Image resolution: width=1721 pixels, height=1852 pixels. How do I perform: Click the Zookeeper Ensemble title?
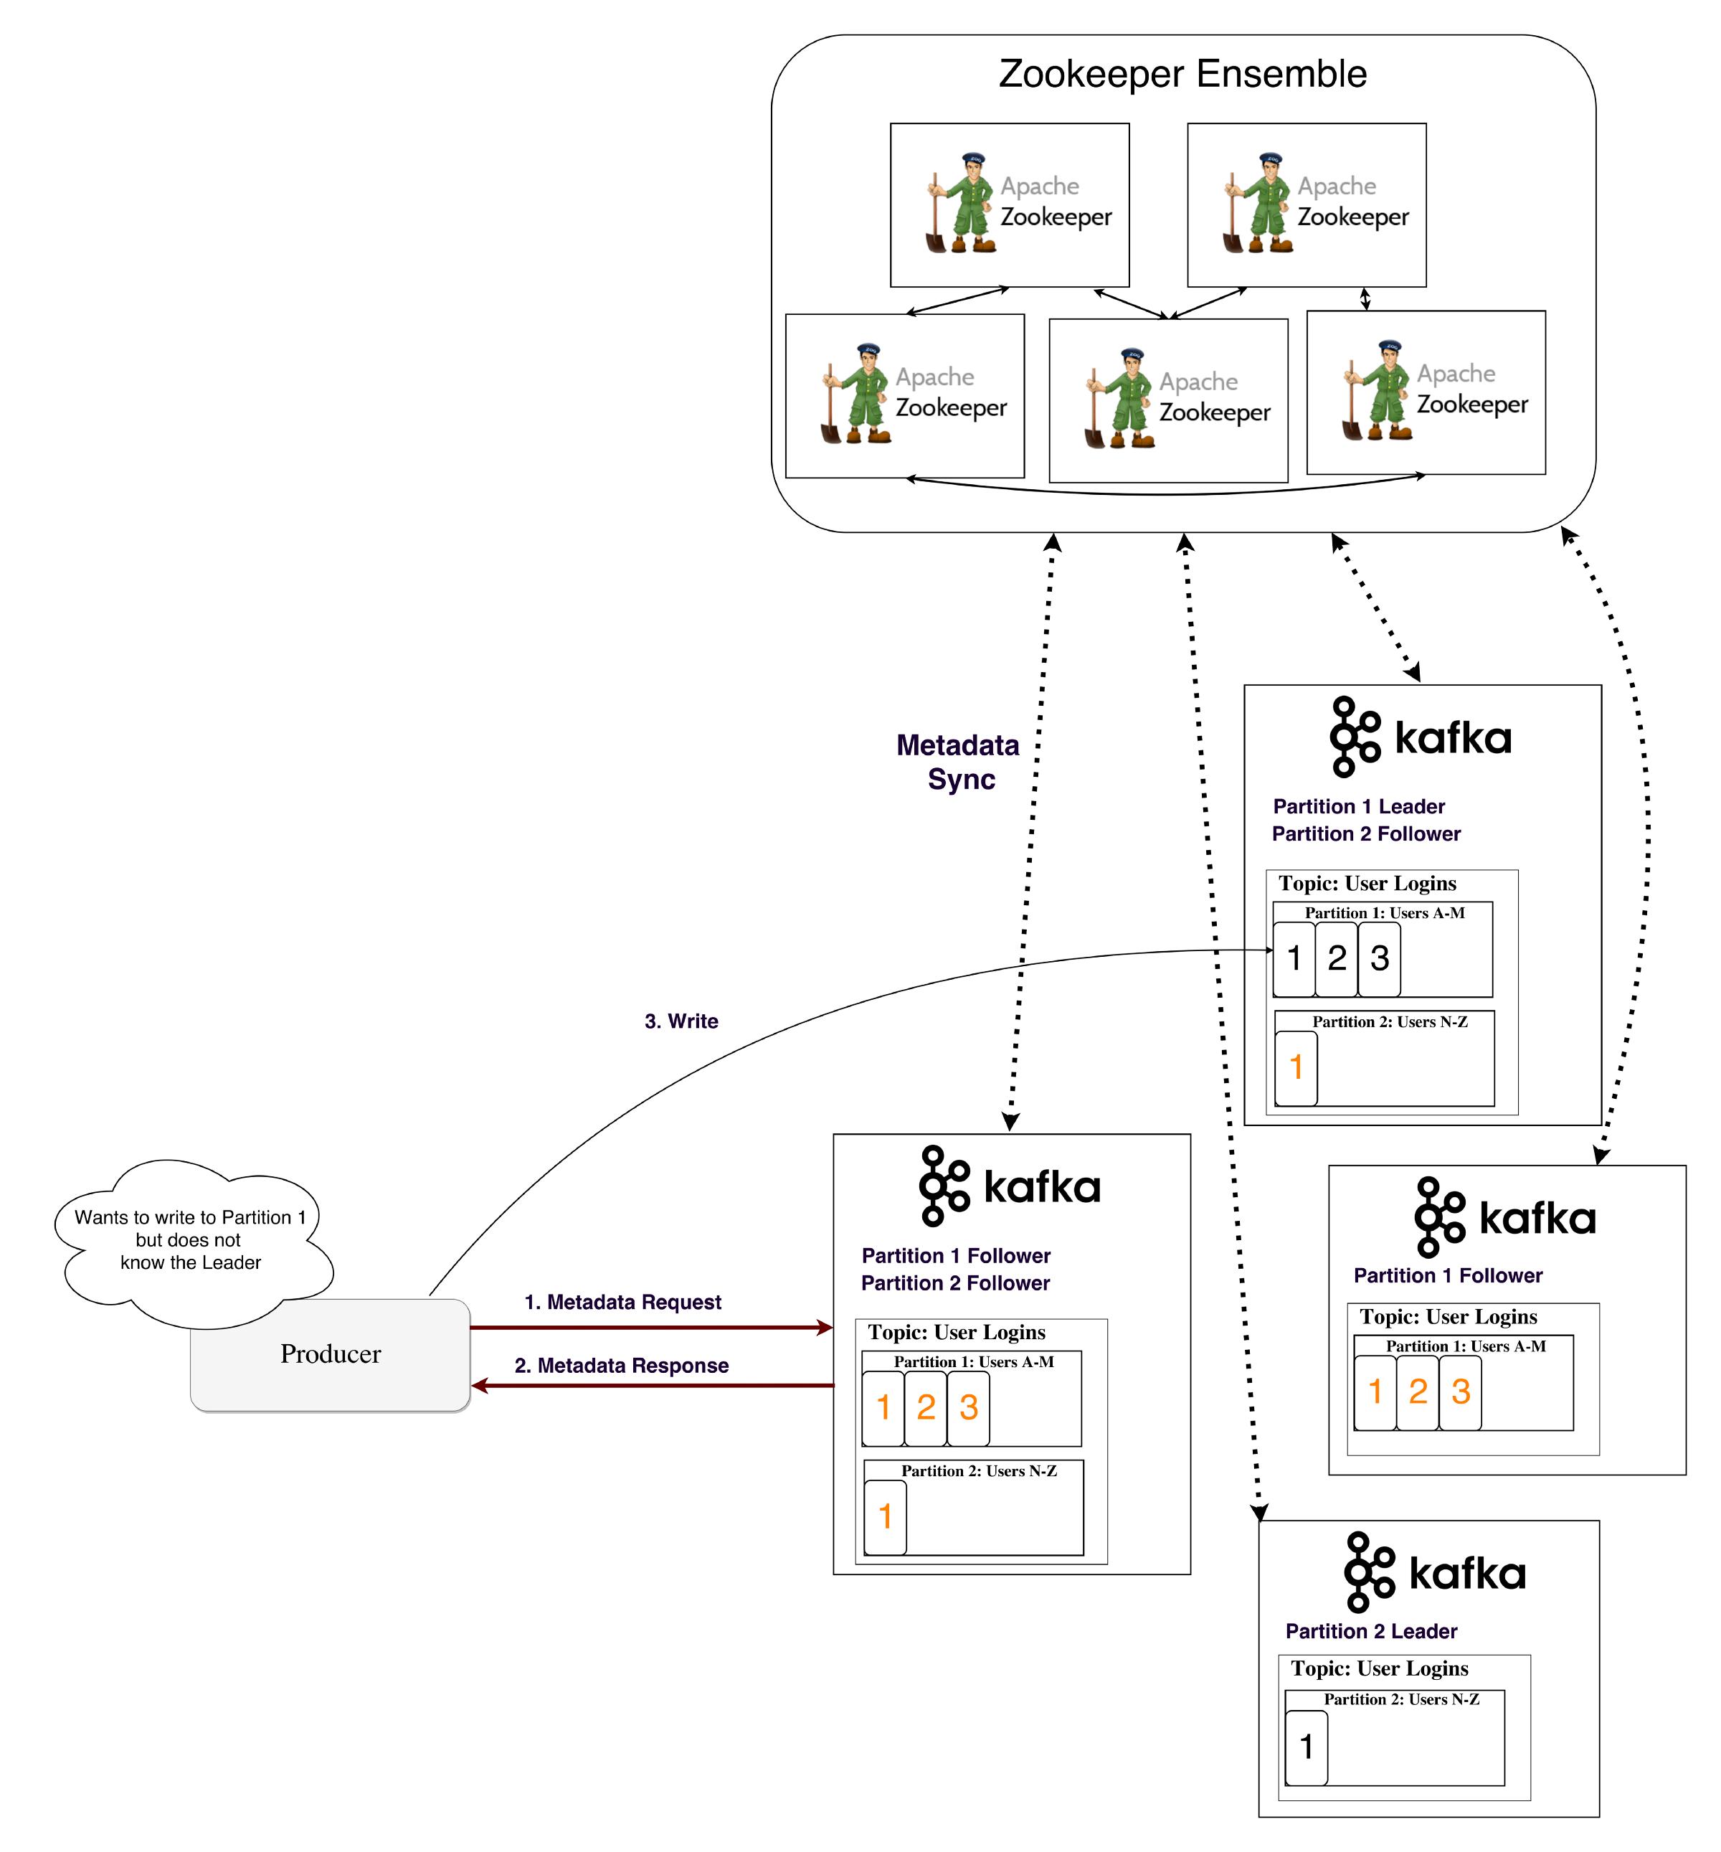pyautogui.click(x=1182, y=75)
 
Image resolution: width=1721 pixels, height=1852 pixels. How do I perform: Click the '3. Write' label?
pyautogui.click(x=681, y=1021)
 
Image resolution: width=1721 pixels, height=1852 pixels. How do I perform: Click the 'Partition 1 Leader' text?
pyautogui.click(x=1359, y=807)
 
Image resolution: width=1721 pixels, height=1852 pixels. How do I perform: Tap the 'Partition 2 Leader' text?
pyautogui.click(x=1371, y=1631)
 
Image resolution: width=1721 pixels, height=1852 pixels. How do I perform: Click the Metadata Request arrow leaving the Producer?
pyautogui.click(x=652, y=1328)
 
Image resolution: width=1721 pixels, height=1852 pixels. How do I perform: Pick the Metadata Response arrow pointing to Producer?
pyautogui.click(x=652, y=1386)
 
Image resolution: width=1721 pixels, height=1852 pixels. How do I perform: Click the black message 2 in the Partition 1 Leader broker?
pyautogui.click(x=1337, y=958)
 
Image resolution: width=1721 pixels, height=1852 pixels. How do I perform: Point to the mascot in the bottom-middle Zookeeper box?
pyautogui.click(x=1119, y=399)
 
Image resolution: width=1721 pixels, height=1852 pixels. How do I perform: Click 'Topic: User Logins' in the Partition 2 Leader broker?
pyautogui.click(x=1379, y=1668)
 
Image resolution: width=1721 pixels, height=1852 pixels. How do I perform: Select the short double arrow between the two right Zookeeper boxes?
pyautogui.click(x=1365, y=299)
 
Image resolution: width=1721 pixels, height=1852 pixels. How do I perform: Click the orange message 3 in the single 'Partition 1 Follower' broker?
pyautogui.click(x=1460, y=1392)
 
